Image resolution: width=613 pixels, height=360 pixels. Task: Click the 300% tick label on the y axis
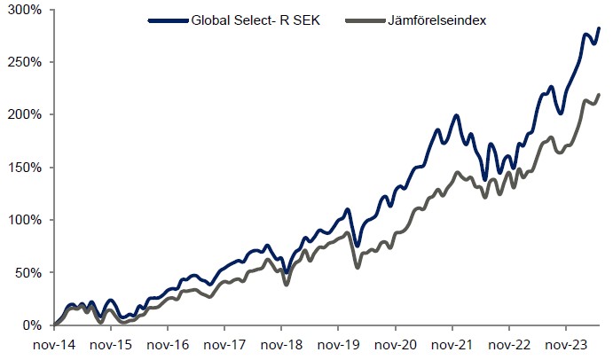click(x=25, y=10)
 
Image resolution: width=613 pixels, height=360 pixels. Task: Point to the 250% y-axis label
click(x=25, y=62)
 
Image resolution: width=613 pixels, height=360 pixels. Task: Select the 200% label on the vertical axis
click(x=25, y=114)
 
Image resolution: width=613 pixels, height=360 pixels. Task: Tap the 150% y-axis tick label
click(x=25, y=168)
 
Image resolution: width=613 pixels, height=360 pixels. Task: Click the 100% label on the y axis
click(x=25, y=220)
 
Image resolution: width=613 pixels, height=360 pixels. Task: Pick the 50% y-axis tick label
click(x=28, y=272)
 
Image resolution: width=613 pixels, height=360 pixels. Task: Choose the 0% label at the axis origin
click(x=32, y=325)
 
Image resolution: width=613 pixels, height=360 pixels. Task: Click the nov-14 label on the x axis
click(x=55, y=344)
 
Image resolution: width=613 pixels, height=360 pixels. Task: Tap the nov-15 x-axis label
click(x=112, y=344)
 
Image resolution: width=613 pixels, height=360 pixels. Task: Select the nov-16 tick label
click(x=169, y=344)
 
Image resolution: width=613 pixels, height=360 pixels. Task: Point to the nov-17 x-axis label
click(x=225, y=344)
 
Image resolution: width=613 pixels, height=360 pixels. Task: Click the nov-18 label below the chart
click(x=282, y=344)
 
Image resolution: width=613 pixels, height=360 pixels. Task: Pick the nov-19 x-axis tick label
click(x=339, y=344)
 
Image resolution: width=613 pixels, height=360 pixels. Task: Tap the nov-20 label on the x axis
click(x=397, y=344)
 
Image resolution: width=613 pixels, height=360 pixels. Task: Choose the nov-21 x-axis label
click(x=453, y=344)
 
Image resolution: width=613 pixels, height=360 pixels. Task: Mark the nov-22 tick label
click(x=510, y=344)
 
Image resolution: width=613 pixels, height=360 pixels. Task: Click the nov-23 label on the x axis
click(x=567, y=344)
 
